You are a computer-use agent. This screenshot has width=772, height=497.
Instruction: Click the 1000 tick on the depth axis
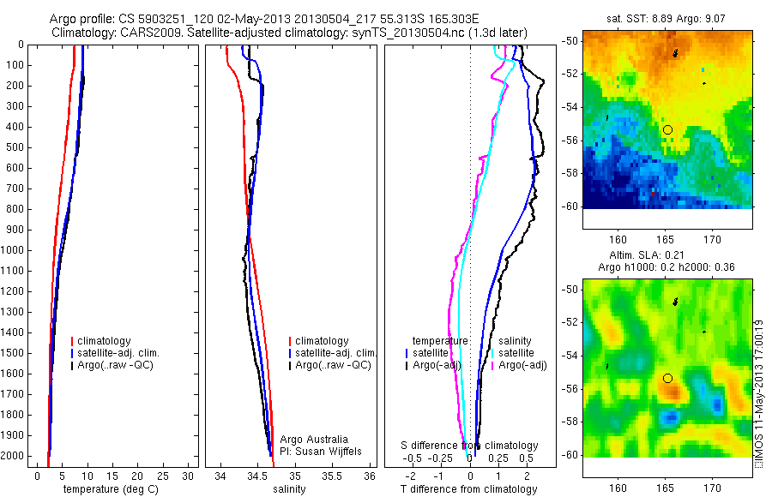pyautogui.click(x=15, y=250)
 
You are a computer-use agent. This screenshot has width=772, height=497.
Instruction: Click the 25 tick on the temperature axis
pyautogui.click(x=163, y=476)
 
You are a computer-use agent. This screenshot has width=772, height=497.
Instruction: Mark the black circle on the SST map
pyautogui.click(x=667, y=129)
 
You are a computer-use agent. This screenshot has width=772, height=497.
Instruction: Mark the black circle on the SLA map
pyautogui.click(x=667, y=378)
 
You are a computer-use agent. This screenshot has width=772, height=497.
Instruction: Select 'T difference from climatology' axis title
pyautogui.click(x=469, y=489)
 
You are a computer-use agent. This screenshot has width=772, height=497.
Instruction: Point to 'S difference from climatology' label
pyautogui.click(x=470, y=446)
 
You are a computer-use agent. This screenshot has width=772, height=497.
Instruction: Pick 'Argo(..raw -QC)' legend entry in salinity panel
pyautogui.click(x=333, y=365)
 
